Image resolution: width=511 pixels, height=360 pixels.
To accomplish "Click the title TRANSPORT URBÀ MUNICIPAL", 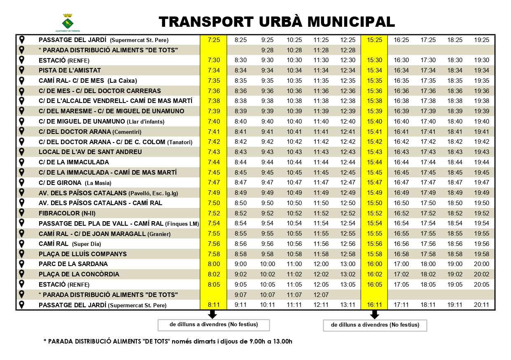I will click(x=277, y=21).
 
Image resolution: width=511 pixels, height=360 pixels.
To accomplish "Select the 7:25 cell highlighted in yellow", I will click(x=214, y=40).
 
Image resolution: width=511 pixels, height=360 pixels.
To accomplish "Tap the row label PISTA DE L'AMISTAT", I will click(x=70, y=70).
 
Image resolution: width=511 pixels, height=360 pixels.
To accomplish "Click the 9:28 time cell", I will click(x=267, y=50).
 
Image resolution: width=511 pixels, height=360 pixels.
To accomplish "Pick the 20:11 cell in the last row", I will click(x=481, y=305).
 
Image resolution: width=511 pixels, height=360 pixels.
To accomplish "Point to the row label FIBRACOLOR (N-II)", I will click(x=65, y=213).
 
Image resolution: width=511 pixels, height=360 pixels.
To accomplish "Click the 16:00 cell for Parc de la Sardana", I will click(x=375, y=264).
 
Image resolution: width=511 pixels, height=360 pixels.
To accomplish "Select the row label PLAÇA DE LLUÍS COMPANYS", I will click(x=82, y=254).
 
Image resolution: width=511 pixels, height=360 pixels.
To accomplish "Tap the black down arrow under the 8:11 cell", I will click(x=212, y=315).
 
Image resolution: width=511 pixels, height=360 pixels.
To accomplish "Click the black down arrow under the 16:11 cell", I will click(x=374, y=315).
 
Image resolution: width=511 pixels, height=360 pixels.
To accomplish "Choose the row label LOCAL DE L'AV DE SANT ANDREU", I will click(x=90, y=152).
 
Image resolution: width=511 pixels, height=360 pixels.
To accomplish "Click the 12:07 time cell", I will click(x=321, y=295).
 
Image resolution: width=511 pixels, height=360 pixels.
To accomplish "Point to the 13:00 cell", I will click(x=348, y=264).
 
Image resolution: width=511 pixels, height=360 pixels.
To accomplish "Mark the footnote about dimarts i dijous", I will click(x=168, y=341).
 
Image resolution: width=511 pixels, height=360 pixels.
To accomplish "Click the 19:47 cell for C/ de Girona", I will click(x=481, y=182).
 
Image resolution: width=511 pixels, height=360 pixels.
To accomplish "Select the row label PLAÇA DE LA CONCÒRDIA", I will click(x=79, y=274).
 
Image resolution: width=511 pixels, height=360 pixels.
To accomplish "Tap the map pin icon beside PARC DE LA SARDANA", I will click(x=22, y=264).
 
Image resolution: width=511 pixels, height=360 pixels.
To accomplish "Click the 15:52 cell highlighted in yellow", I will click(x=375, y=213).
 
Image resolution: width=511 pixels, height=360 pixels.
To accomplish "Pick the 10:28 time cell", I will click(x=294, y=50).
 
